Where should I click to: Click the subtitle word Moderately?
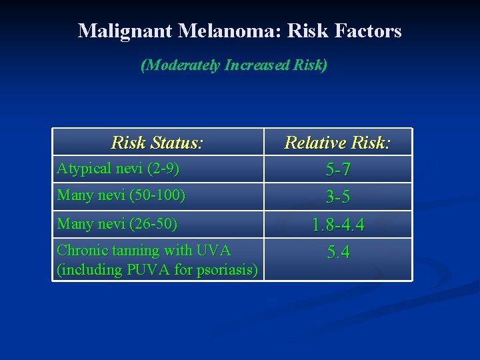point(182,65)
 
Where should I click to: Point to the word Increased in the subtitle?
point(257,65)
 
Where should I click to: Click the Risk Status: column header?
point(157,143)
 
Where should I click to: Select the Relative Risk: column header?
point(337,143)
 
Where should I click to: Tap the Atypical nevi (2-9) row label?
point(118,169)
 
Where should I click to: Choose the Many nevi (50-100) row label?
point(121,196)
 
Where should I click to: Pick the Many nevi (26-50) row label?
point(117,224)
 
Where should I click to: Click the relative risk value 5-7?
point(338,171)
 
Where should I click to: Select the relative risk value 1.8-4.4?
point(338,226)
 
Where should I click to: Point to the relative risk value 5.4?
point(338,253)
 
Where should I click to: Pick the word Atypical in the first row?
point(83,169)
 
